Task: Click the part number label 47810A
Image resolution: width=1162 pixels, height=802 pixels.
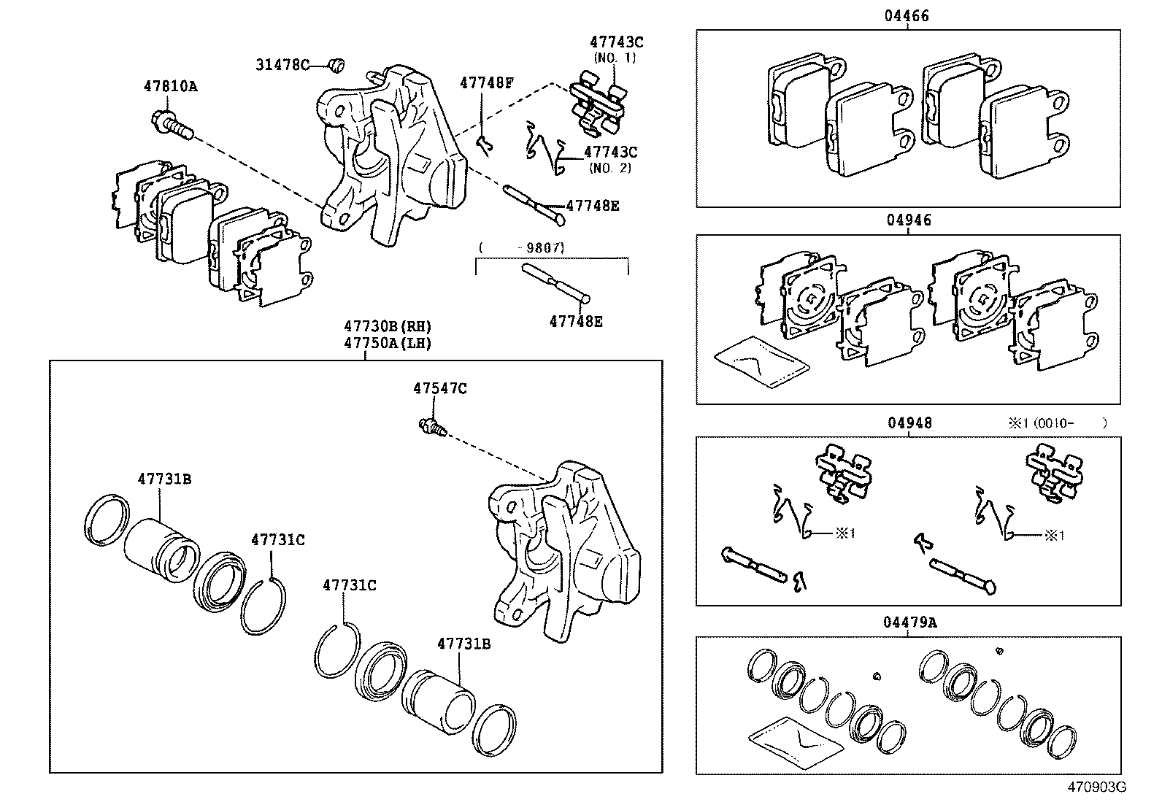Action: click(x=170, y=86)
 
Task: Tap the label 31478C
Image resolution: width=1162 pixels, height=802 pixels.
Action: click(x=282, y=64)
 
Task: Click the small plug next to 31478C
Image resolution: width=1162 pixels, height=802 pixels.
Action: click(x=336, y=65)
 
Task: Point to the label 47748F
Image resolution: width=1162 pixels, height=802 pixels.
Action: click(x=486, y=83)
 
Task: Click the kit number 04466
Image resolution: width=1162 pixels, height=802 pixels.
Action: click(x=908, y=15)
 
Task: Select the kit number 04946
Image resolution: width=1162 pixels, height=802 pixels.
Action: click(x=909, y=220)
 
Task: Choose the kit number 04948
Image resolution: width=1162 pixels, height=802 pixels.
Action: click(x=909, y=423)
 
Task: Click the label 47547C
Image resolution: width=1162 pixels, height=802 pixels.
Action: click(x=439, y=388)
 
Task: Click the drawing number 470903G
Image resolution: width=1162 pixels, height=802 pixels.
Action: click(x=1097, y=787)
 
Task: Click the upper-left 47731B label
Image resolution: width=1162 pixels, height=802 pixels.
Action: click(x=164, y=479)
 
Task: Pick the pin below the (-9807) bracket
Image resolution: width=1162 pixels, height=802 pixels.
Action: click(x=557, y=284)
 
